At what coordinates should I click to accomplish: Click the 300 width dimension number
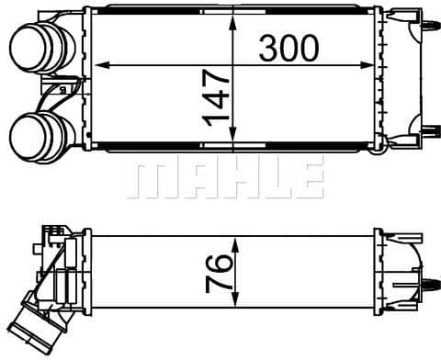(x=288, y=48)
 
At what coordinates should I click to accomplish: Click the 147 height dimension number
(x=216, y=98)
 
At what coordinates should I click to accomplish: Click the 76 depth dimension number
(x=219, y=274)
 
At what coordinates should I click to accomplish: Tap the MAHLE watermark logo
(x=225, y=181)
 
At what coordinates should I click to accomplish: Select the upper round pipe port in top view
(x=42, y=49)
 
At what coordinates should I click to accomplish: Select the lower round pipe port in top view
(x=42, y=137)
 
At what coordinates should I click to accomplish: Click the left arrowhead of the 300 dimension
(x=102, y=65)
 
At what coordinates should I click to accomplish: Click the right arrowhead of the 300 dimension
(x=367, y=65)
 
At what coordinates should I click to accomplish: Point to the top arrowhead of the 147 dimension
(x=233, y=23)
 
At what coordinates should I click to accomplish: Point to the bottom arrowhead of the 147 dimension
(x=233, y=134)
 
